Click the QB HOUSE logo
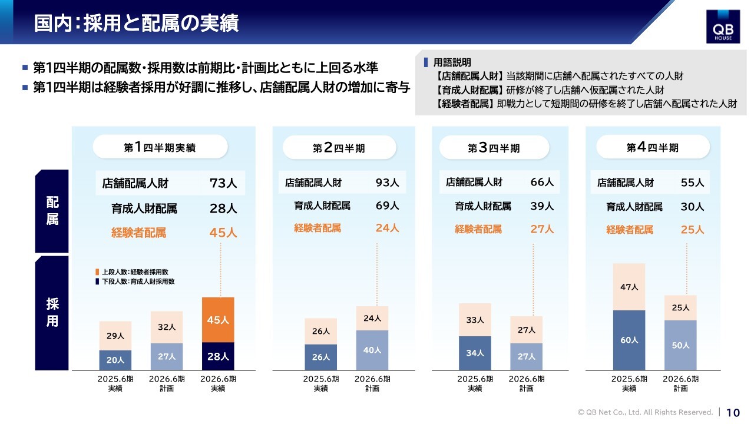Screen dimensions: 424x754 [723, 26]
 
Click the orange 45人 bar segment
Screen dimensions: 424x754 [217, 320]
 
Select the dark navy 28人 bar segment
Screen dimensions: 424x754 [217, 356]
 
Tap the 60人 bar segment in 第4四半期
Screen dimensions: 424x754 [629, 340]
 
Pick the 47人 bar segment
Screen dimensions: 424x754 [629, 287]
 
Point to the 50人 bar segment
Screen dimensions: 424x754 [680, 345]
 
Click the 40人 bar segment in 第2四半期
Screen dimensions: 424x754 [372, 350]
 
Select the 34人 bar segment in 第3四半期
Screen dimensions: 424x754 [475, 353]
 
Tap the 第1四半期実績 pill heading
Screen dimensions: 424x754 [160, 147]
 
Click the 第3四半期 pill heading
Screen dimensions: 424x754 [494, 148]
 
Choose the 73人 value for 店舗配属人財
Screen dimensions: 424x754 [223, 183]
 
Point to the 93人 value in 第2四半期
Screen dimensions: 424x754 [387, 183]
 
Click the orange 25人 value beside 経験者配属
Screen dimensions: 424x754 [692, 230]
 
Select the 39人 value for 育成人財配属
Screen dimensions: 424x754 [542, 206]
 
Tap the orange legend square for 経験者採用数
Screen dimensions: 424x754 [97, 272]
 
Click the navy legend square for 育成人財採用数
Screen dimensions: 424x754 [97, 281]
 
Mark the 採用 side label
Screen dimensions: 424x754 [52, 313]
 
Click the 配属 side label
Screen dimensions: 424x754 [52, 211]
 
